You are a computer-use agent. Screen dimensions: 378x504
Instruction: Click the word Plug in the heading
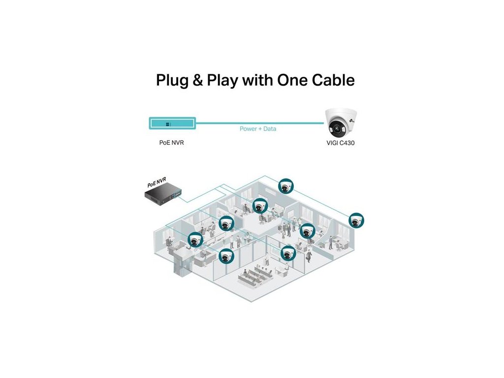point(172,80)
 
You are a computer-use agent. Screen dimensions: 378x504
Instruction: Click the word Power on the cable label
point(248,129)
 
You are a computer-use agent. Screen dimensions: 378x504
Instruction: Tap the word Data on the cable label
point(269,129)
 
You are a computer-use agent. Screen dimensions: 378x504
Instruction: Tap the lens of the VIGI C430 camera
point(335,129)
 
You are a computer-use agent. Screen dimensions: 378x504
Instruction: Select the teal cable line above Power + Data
point(258,122)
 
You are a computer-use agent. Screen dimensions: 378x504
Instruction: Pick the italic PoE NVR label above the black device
point(157,183)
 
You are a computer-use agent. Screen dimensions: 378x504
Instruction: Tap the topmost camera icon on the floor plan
point(284,186)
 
